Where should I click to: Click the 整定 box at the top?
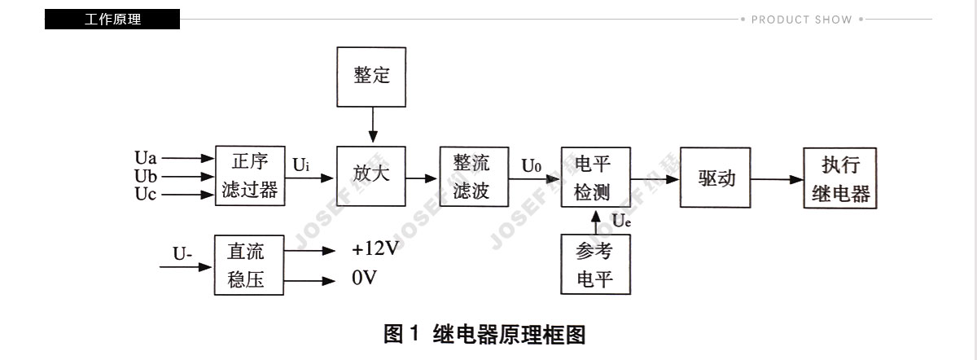[x=371, y=77]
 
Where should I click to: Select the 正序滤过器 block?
[x=250, y=176]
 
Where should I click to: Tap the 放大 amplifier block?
[x=371, y=176]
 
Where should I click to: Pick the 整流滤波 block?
[x=474, y=176]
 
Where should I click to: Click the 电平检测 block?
[x=596, y=177]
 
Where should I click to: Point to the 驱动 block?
[x=716, y=178]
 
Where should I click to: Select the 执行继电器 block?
[x=840, y=178]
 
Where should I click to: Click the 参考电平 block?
[x=595, y=265]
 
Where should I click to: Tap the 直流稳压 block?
[x=249, y=266]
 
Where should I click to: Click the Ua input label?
[x=145, y=157]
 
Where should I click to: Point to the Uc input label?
[x=145, y=194]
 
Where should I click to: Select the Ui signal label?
[x=301, y=165]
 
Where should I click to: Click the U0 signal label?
[x=531, y=165]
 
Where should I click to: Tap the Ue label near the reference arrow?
[x=621, y=221]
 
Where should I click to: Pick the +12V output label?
[x=375, y=248]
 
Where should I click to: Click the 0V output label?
[x=364, y=278]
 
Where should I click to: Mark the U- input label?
[x=182, y=253]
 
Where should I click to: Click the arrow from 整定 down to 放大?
[x=373, y=125]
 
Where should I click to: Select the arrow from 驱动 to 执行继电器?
[x=778, y=179]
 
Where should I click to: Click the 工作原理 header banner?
[x=112, y=20]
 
